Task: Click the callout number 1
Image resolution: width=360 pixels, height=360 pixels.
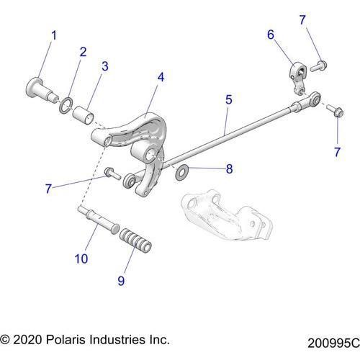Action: point(53,35)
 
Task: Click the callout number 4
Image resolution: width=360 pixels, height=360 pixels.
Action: point(161,75)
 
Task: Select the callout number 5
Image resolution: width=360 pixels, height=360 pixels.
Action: point(228,99)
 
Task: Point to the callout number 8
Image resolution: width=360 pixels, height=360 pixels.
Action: point(229,170)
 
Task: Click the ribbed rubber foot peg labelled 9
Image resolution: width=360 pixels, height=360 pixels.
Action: point(136,240)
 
